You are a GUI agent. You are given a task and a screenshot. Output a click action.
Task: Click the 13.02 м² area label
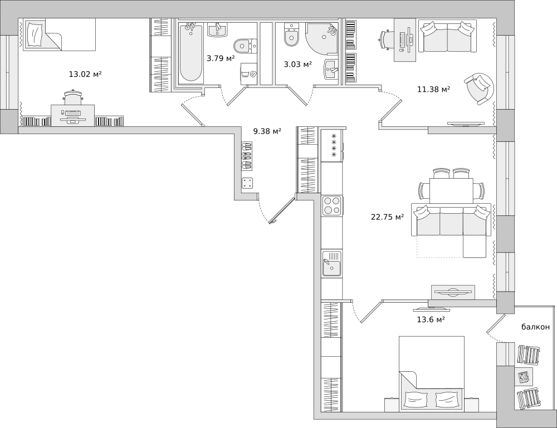click(85, 74)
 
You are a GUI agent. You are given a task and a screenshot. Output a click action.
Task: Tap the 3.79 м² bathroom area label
click(221, 58)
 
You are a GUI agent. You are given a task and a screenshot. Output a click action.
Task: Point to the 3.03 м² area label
click(297, 64)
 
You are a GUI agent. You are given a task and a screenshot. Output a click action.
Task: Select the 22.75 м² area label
click(387, 217)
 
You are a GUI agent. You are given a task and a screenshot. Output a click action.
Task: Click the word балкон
click(535, 327)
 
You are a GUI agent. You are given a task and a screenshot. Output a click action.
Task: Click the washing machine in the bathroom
click(248, 74)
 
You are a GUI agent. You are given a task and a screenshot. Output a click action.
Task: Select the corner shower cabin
click(321, 39)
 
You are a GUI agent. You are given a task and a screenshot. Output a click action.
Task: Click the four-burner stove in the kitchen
click(333, 205)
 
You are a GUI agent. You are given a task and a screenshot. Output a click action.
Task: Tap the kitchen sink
click(332, 263)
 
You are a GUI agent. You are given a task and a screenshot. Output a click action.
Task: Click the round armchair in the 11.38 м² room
click(479, 88)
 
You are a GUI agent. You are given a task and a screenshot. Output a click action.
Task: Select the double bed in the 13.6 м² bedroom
click(432, 373)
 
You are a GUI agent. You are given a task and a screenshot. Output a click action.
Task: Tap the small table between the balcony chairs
click(524, 377)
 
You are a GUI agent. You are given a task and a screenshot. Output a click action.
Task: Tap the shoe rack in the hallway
click(247, 155)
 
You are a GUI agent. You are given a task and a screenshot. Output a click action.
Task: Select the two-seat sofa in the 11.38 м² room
click(448, 36)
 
